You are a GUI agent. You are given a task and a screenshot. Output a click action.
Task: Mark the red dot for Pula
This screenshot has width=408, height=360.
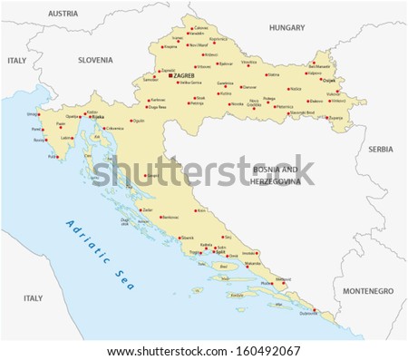pyautogui.click(x=50, y=156)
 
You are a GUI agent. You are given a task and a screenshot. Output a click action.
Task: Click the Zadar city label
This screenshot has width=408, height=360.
pyautogui.click(x=149, y=209)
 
